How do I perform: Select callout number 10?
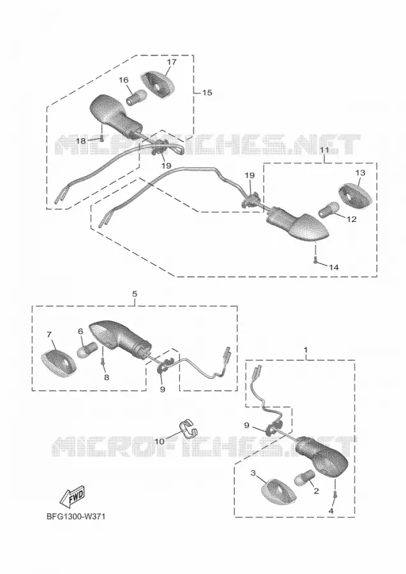click(160, 441)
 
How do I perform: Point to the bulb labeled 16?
click(137, 96)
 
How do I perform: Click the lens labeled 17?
click(158, 84)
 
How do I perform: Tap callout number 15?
click(207, 92)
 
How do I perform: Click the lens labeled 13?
click(355, 195)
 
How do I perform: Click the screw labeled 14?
click(315, 260)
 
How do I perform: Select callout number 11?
click(324, 150)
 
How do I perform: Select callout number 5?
click(135, 293)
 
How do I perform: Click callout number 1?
click(306, 350)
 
